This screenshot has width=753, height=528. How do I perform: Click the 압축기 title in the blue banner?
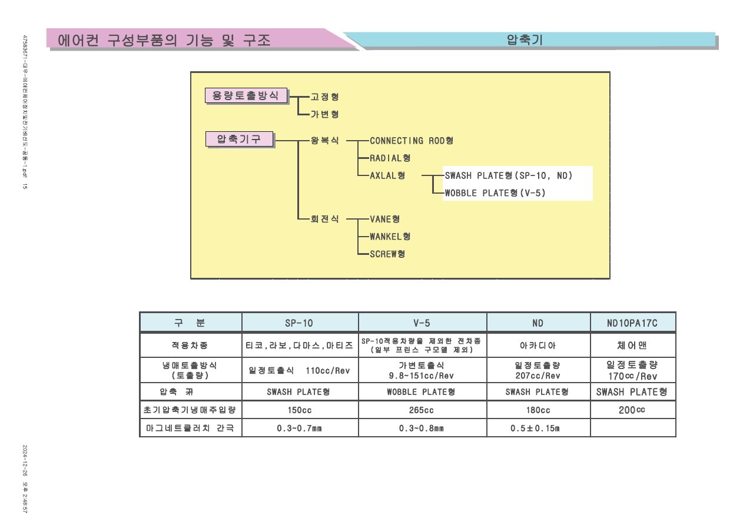pyautogui.click(x=525, y=40)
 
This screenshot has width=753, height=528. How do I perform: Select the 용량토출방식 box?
pyautogui.click(x=246, y=95)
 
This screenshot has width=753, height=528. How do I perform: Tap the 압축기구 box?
pyautogui.click(x=239, y=140)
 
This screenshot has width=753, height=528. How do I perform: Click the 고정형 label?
pyautogui.click(x=324, y=97)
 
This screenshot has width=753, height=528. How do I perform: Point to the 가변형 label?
pyautogui.click(x=324, y=114)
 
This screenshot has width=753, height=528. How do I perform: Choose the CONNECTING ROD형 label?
pyautogui.click(x=411, y=141)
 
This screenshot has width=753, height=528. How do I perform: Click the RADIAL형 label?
pyautogui.click(x=390, y=158)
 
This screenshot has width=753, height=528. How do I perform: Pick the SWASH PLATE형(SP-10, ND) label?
pyautogui.click(x=509, y=175)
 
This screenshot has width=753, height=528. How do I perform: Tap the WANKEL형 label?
pyautogui.click(x=390, y=237)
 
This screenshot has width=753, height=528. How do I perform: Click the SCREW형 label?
pyautogui.click(x=387, y=254)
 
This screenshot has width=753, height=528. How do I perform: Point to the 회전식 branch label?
pyautogui.click(x=324, y=219)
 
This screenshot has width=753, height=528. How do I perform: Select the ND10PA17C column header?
pyautogui.click(x=632, y=323)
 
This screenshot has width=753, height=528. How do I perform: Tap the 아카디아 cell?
pyautogui.click(x=538, y=345)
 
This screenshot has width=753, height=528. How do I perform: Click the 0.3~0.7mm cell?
pyautogui.click(x=299, y=428)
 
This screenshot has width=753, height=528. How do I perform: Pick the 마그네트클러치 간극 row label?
pyautogui.click(x=190, y=428)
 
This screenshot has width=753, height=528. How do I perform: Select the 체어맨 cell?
pyautogui.click(x=632, y=345)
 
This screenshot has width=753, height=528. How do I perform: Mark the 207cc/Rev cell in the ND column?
pyautogui.click(x=538, y=376)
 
